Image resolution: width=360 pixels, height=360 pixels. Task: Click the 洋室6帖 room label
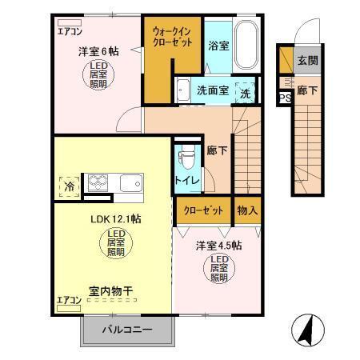[98, 51]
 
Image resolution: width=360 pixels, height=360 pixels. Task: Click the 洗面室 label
[212, 90]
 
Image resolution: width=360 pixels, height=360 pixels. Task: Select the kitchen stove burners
[98, 183]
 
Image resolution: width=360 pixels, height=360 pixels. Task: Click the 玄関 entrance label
[307, 59]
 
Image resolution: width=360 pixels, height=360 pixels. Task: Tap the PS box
[284, 98]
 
